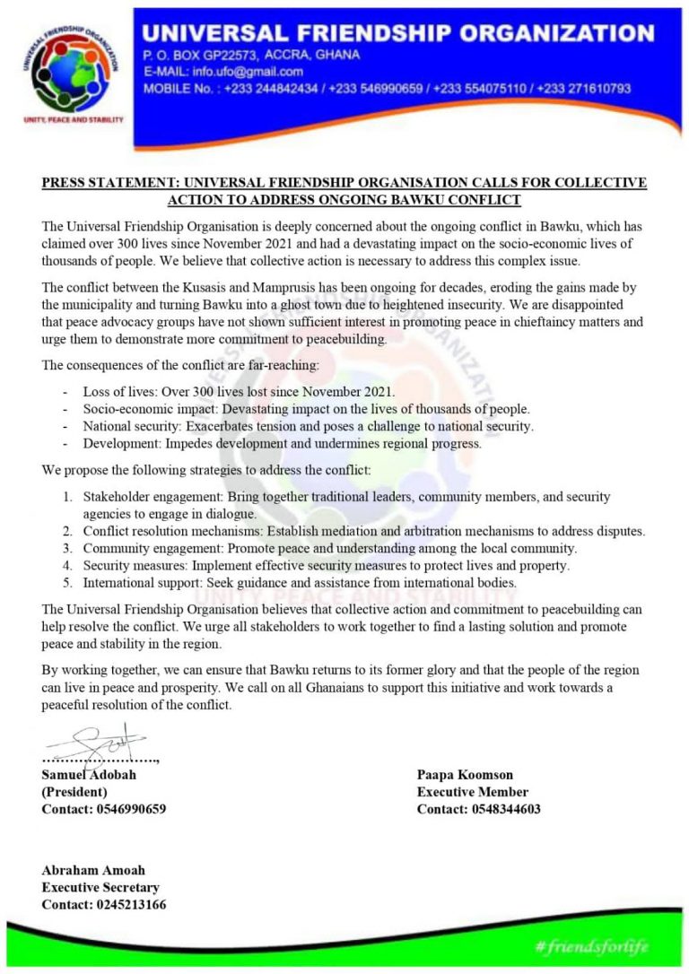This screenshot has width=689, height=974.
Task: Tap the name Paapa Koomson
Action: (465, 774)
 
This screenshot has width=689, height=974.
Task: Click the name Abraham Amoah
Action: (93, 870)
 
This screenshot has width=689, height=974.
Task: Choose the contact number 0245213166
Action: (131, 904)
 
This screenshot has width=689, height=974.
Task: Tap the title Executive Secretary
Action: (100, 887)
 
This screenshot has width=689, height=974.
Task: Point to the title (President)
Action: (74, 792)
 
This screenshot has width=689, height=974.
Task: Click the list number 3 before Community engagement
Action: (66, 548)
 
